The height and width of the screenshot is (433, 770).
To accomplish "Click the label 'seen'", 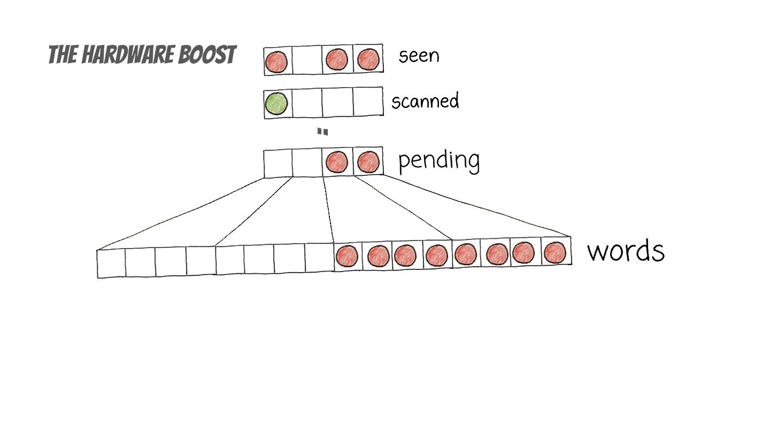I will [x=419, y=55].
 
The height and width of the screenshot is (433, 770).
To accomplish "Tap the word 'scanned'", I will [x=425, y=100].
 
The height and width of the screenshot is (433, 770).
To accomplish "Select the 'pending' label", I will [x=438, y=160].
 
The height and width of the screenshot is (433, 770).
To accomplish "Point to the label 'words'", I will [x=626, y=251].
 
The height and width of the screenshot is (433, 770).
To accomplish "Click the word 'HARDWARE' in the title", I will [x=114, y=55].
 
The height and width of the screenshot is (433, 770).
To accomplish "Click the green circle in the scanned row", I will [x=276, y=104].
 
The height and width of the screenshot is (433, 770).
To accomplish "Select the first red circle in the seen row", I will [x=276, y=61].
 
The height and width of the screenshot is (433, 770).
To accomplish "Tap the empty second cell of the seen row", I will [x=307, y=60].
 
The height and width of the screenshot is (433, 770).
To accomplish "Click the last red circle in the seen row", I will [x=368, y=59].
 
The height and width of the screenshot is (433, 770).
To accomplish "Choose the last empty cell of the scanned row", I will [x=368, y=102].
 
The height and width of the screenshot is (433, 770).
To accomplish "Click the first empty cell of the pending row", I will [x=278, y=164].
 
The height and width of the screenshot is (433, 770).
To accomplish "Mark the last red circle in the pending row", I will [x=368, y=161].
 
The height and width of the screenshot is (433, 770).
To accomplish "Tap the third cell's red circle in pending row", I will [x=337, y=162].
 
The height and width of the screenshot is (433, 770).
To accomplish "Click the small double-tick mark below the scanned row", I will [x=322, y=132].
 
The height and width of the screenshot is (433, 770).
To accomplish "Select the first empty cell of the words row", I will [x=111, y=264].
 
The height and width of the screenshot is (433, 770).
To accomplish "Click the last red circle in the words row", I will [x=556, y=252].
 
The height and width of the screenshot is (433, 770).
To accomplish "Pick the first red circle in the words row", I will [x=346, y=256].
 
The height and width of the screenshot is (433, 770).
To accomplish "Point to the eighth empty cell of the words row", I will [x=319, y=258].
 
